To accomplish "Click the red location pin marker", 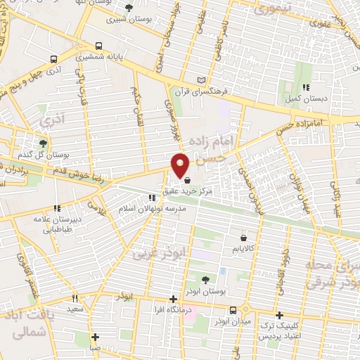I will click(x=181, y=165).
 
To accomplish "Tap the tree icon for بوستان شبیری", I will click(x=129, y=8).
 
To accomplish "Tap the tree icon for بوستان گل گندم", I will click(x=44, y=143).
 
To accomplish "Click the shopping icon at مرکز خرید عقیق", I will click(x=186, y=179).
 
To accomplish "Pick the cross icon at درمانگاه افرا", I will click(x=174, y=299).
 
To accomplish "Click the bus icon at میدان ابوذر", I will click(x=233, y=309).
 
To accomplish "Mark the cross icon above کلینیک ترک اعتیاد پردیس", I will click(x=280, y=315).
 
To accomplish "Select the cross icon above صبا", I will click(x=95, y=336).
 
